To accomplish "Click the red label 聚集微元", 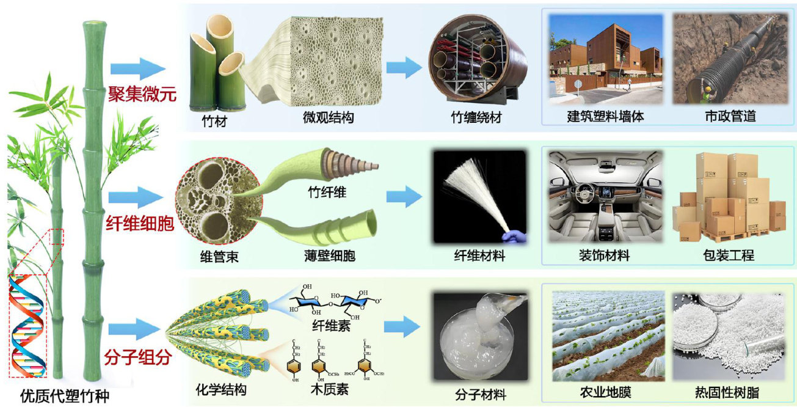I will tap(142, 95).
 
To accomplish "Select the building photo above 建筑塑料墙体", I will tap(605, 59).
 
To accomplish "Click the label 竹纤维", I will tap(327, 193).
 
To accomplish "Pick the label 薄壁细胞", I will tap(329, 255).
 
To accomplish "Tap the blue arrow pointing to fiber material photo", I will tap(404, 197).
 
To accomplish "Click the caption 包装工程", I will tap(729, 255).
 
